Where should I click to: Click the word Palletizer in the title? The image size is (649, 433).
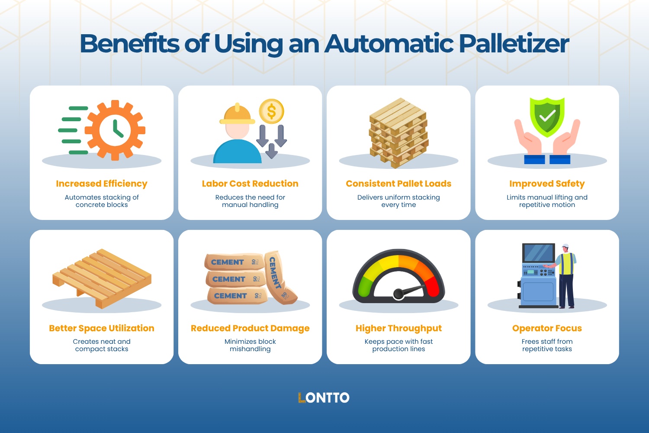click(514, 44)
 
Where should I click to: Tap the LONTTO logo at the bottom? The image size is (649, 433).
click(324, 398)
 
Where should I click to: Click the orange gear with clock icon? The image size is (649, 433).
click(115, 130)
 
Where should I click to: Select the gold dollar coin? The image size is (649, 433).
click(271, 111)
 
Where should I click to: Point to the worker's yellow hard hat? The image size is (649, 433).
click(237, 114)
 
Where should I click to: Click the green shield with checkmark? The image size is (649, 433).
click(547, 116)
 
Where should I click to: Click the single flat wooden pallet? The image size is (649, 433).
click(102, 277)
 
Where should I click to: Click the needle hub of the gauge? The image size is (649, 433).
click(398, 294)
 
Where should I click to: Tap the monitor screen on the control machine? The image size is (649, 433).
click(539, 253)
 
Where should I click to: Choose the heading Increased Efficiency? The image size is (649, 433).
click(102, 184)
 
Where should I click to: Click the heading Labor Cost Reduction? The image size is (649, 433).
click(250, 184)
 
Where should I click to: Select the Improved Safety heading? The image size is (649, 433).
click(547, 184)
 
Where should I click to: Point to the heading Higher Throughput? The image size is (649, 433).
click(398, 328)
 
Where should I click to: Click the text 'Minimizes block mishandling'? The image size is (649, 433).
click(250, 345)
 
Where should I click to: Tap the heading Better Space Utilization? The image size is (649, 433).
click(102, 328)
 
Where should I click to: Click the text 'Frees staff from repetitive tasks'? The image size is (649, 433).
click(547, 345)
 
